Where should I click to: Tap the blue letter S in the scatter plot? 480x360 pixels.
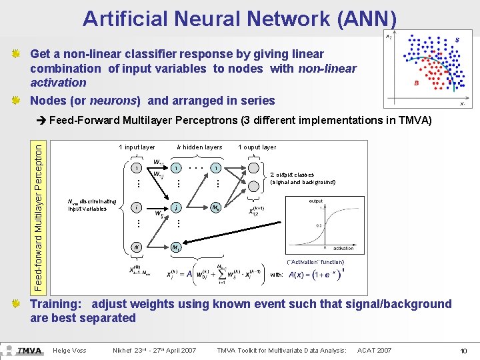pyautogui.click(x=457, y=40)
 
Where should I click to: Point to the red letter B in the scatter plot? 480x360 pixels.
pyautogui.click(x=416, y=83)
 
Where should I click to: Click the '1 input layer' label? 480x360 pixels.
pyautogui.click(x=137, y=147)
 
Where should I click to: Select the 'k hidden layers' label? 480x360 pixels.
pyautogui.click(x=199, y=147)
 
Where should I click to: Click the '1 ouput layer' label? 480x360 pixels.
pyautogui.click(x=257, y=147)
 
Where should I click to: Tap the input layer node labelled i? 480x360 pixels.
pyautogui.click(x=136, y=207)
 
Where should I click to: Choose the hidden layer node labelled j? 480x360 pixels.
pyautogui.click(x=176, y=207)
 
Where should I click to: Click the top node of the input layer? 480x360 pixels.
pyautogui.click(x=136, y=168)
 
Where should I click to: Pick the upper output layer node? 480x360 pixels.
pyautogui.click(x=254, y=168)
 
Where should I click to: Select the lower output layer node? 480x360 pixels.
pyautogui.click(x=254, y=207)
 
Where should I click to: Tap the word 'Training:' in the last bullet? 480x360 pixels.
pyautogui.click(x=56, y=304)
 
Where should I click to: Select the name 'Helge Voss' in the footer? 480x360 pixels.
pyautogui.click(x=69, y=350)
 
